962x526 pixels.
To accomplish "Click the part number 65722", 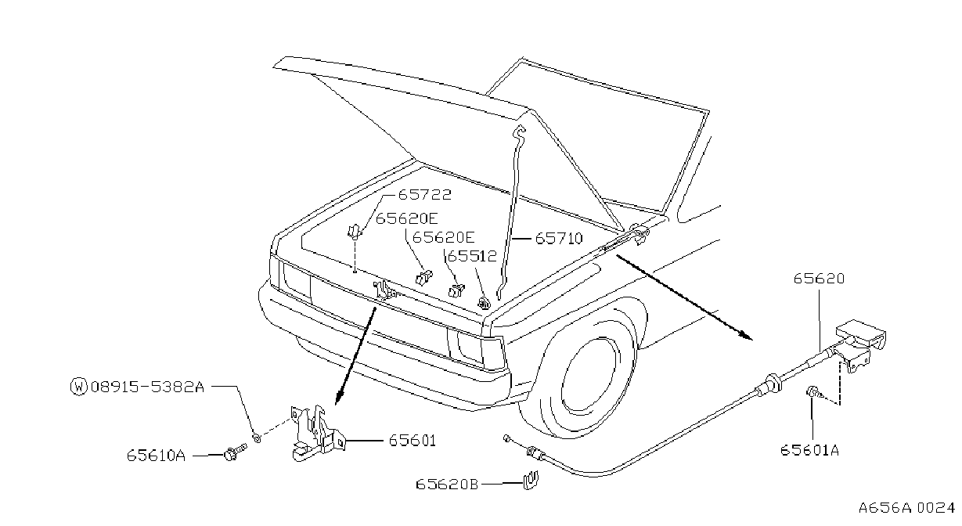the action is click(425, 195).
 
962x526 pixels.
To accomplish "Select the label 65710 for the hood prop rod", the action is click(559, 238).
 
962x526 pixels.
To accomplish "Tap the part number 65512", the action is click(472, 256).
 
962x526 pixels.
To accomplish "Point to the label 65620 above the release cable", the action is click(819, 279).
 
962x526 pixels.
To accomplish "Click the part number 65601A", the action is click(809, 450).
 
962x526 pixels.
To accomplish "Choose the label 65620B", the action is click(447, 485).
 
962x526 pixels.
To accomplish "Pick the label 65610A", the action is click(156, 455).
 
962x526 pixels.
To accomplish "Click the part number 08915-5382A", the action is click(147, 387).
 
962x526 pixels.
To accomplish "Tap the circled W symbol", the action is click(78, 387).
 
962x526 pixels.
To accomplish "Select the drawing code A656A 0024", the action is click(906, 508).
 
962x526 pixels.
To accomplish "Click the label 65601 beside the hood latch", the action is click(413, 441).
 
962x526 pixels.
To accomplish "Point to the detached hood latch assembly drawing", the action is click(317, 433).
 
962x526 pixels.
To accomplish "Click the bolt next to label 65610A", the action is click(235, 452).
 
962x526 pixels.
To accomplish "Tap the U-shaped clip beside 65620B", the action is click(531, 481).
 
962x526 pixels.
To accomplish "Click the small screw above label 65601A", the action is click(813, 392).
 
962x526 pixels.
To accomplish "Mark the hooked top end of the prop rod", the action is click(520, 131).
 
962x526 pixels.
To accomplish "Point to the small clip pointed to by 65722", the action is click(355, 231).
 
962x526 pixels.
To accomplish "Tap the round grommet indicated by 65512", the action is click(484, 303).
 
